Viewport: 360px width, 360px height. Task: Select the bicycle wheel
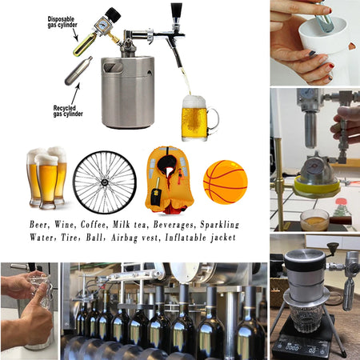104,182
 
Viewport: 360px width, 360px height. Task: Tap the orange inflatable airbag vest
169,179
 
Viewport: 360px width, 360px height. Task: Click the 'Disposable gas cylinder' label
63,22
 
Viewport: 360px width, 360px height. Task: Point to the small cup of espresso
314,218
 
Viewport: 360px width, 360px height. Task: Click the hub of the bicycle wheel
104,182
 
